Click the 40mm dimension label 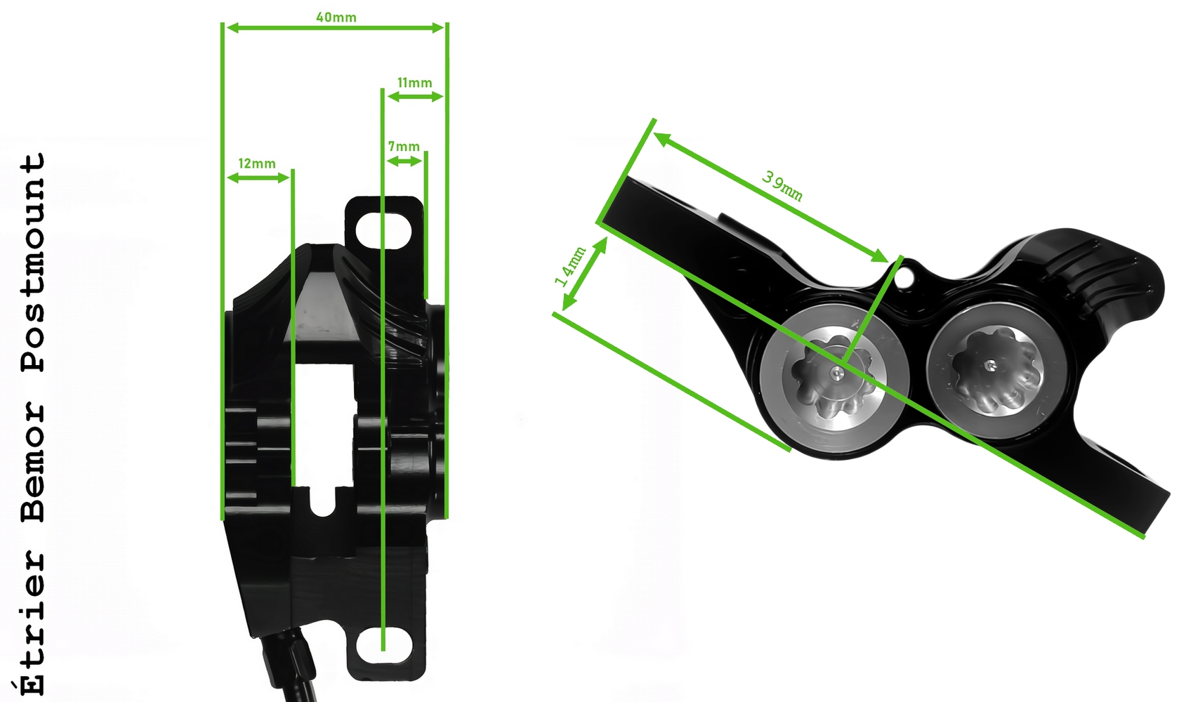336,18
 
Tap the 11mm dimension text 414,83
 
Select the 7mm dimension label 404,147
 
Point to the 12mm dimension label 257,164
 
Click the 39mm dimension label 782,186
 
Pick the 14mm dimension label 570,266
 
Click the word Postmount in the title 33,263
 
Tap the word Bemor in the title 33,462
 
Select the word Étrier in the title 33,623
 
